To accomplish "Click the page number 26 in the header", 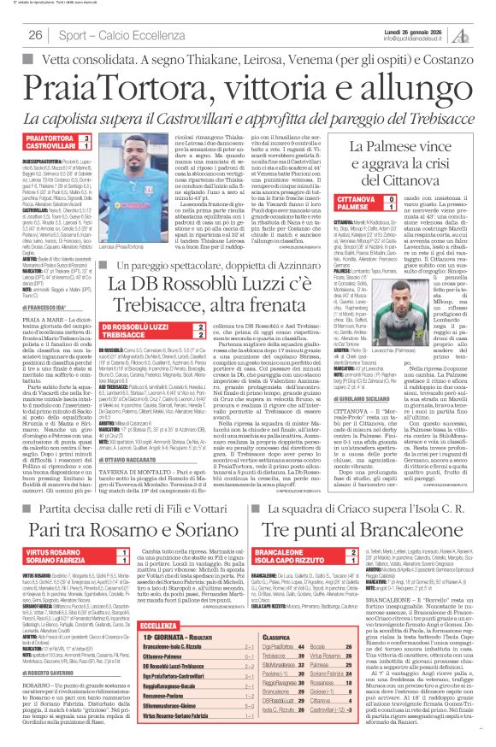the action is [35, 35].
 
